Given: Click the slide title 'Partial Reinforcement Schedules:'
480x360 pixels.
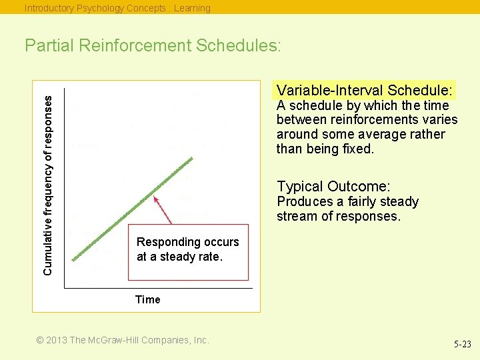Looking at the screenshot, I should coord(153,46).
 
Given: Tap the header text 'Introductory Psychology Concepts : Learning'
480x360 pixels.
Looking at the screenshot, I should coord(117,8).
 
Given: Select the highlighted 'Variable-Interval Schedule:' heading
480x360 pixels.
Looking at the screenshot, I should coord(365,90).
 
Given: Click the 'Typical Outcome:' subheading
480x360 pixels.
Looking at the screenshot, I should coord(333,187).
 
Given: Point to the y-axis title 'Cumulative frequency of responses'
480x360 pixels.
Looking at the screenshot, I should coord(48,184).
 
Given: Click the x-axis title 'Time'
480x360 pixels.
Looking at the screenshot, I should coord(147,299).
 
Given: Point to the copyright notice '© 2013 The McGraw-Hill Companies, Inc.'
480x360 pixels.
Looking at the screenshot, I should coord(123,340).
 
